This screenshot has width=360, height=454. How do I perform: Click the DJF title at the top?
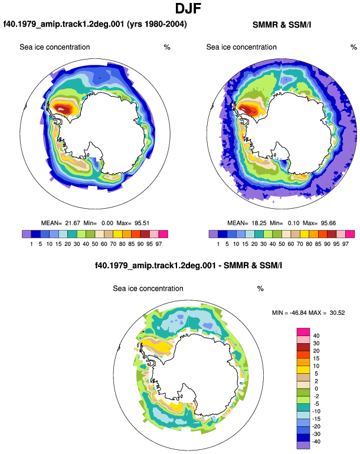(x=188, y=8)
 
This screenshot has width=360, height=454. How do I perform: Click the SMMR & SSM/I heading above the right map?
(x=282, y=25)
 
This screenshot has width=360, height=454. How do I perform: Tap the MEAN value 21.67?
(x=73, y=223)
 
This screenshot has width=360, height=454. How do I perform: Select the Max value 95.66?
(x=328, y=223)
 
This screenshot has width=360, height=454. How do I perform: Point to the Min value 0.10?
(x=294, y=223)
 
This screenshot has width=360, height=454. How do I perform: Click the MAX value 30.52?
(x=337, y=312)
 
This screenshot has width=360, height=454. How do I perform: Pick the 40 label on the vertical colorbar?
(x=316, y=336)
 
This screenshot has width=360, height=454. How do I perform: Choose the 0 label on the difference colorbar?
(x=316, y=389)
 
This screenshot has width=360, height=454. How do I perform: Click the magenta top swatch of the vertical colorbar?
(x=303, y=332)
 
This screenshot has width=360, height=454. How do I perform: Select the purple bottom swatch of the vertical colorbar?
(x=303, y=445)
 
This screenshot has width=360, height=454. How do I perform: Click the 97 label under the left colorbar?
(x=158, y=244)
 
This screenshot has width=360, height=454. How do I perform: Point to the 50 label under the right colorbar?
(x=282, y=244)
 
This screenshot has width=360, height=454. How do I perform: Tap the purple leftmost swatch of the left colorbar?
(x=27, y=234)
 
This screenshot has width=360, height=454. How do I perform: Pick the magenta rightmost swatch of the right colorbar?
(x=350, y=234)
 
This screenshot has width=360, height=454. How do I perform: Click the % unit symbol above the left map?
(x=167, y=47)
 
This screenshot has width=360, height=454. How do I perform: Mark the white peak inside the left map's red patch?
(x=61, y=109)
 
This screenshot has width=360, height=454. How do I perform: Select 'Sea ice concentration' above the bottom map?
(x=148, y=288)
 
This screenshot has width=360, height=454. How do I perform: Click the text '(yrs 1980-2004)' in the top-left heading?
(x=157, y=24)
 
